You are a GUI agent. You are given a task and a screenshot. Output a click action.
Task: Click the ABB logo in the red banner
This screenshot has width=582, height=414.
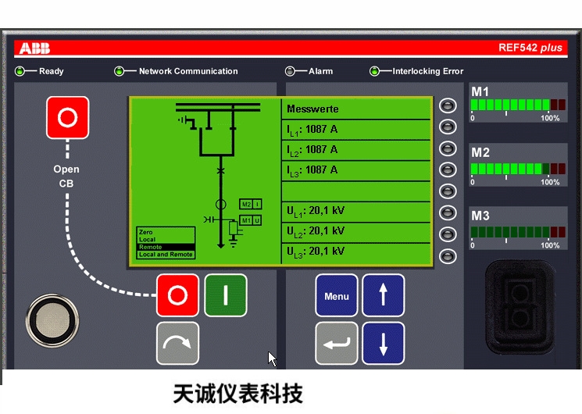click(x=34, y=48)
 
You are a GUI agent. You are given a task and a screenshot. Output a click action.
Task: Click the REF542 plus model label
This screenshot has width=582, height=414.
click(x=530, y=48)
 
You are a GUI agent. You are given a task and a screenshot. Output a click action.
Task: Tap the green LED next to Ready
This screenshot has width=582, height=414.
click(x=21, y=71)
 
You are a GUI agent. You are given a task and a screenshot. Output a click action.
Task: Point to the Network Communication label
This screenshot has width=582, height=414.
click(x=187, y=71)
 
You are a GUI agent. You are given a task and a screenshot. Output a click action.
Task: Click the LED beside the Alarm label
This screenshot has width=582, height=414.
click(x=291, y=71)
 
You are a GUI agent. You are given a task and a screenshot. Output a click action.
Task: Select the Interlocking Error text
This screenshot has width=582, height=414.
click(x=427, y=71)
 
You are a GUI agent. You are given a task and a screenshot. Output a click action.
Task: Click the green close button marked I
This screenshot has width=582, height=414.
click(x=225, y=295)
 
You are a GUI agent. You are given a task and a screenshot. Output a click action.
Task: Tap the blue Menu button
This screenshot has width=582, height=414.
click(x=337, y=295)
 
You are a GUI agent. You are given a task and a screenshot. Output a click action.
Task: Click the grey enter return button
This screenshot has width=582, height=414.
click(x=337, y=343)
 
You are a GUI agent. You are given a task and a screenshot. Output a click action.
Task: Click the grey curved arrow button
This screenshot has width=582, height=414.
click(x=177, y=343)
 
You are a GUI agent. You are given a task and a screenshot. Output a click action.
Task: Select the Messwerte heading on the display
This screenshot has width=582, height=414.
click(x=313, y=109)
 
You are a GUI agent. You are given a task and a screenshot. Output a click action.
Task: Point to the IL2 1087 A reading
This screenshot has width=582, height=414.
click(x=312, y=149)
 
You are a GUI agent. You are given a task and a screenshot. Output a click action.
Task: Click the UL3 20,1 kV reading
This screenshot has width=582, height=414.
click(x=316, y=252)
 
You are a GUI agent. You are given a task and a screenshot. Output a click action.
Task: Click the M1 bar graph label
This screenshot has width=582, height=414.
click(x=480, y=92)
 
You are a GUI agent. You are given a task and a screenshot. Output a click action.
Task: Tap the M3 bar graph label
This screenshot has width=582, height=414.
click(x=480, y=216)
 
